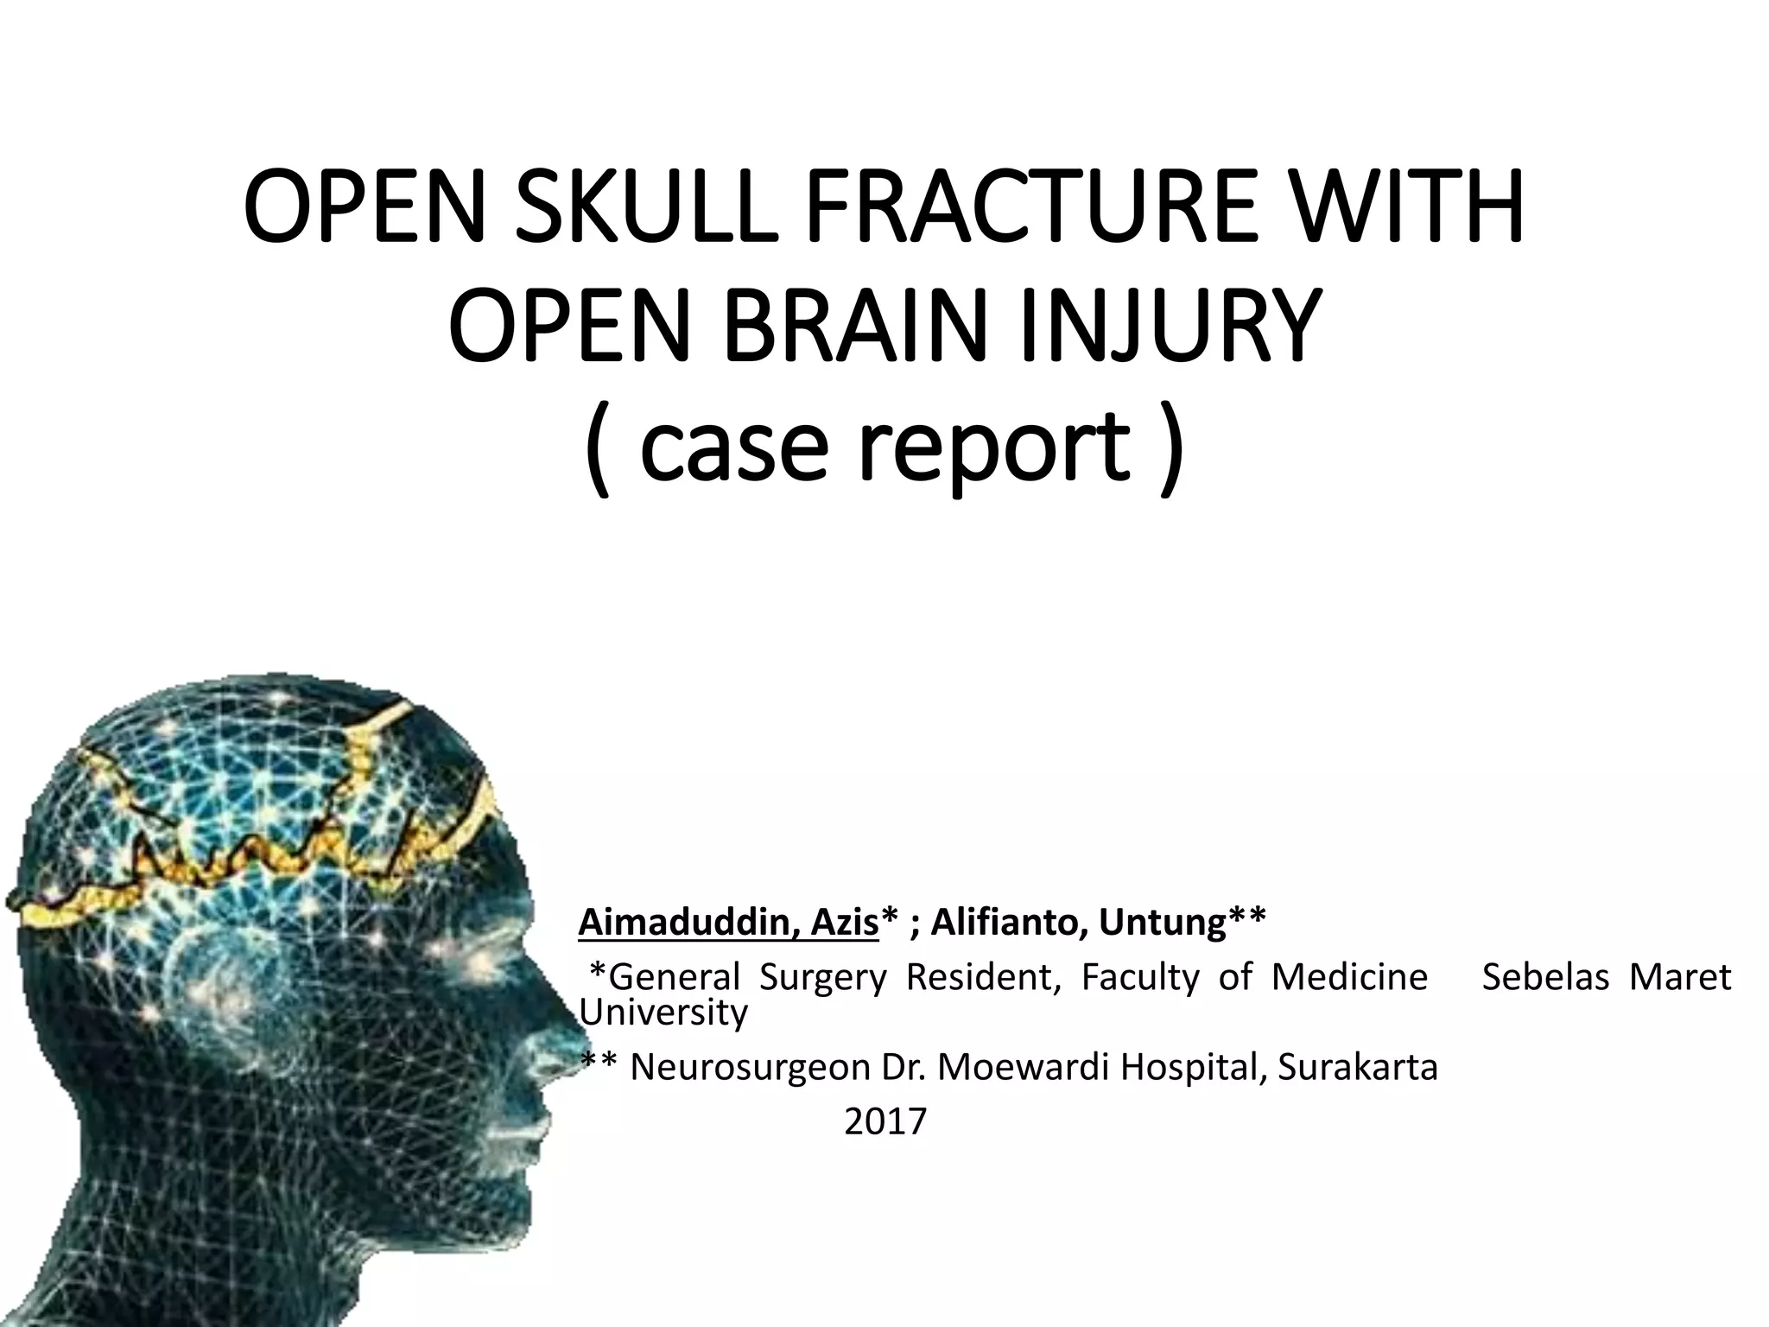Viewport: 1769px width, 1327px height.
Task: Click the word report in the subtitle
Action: [993, 449]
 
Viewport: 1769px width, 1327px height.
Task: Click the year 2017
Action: [884, 1122]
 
